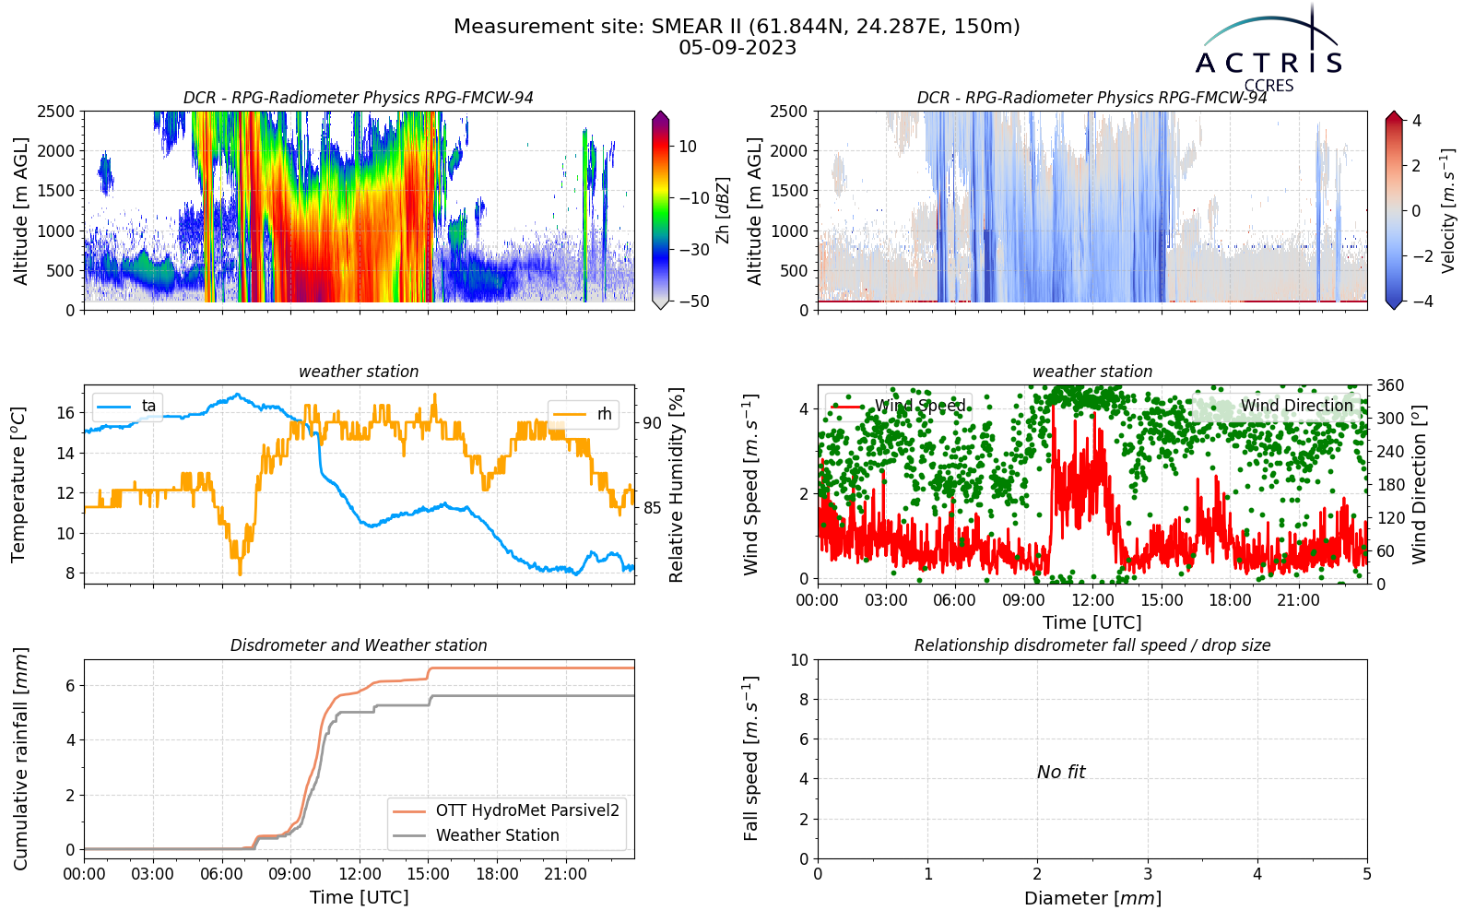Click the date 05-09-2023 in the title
(737, 48)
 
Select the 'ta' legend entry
(126, 406)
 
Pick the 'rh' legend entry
(583, 414)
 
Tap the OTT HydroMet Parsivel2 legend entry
(506, 810)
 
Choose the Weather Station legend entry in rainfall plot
(476, 835)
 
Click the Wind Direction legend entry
(1276, 406)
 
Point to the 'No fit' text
(1061, 772)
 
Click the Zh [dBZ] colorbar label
(723, 210)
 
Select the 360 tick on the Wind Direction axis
(1391, 385)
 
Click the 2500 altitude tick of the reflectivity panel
(56, 112)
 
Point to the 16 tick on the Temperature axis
(65, 413)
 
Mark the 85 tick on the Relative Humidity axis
(652, 508)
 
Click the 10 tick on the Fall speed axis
(799, 660)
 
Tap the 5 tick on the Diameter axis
(1367, 874)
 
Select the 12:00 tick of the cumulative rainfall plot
(360, 874)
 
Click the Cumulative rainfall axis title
(20, 759)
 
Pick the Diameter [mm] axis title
(1092, 898)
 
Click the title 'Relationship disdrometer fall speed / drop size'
(1092, 645)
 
